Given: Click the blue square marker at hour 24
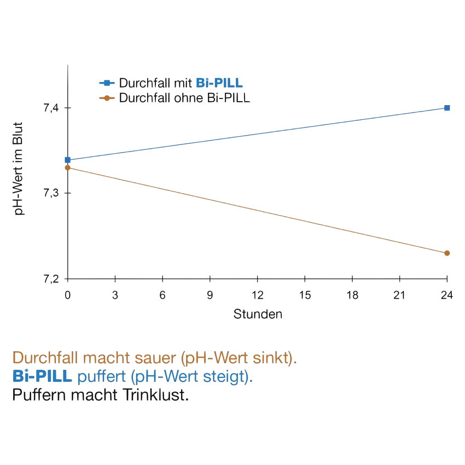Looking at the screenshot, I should click(x=447, y=108).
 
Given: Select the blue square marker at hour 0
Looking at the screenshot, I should click(x=68, y=160).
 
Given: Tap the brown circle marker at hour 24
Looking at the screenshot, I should click(x=447, y=253).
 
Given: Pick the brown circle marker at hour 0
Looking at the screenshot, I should click(x=68, y=168).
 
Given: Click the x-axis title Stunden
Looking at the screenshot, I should click(x=258, y=314).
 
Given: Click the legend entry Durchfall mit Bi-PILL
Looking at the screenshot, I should click(x=181, y=84).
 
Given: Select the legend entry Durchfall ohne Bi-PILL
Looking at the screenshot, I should click(x=184, y=98).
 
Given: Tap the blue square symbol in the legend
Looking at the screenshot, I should click(x=107, y=84).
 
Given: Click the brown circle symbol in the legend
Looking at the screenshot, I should click(x=107, y=98).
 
